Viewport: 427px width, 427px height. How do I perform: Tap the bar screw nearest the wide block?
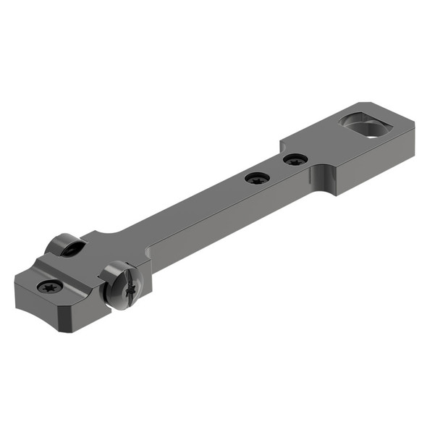click(295, 158)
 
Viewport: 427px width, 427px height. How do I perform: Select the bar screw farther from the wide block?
click(257, 177)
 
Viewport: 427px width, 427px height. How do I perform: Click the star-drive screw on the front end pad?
click(50, 286)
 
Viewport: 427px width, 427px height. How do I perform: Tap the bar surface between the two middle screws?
click(276, 168)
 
